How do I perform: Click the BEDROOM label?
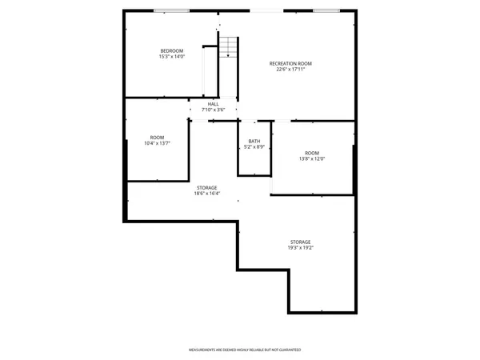tap(172, 51)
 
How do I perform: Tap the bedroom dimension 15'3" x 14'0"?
tap(172, 58)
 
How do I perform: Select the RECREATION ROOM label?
tap(290, 63)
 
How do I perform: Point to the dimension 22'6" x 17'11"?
tap(290, 70)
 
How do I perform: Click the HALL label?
tap(213, 104)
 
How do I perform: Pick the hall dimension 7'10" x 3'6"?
tap(213, 110)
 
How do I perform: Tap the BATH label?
tap(254, 141)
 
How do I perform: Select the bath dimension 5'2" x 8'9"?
tap(254, 147)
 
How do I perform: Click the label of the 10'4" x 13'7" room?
tap(157, 137)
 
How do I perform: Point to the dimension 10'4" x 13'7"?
tap(157, 143)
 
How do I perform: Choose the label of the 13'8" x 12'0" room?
tap(311, 153)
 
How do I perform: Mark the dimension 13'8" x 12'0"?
tap(311, 159)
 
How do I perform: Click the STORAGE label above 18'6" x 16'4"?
tap(206, 187)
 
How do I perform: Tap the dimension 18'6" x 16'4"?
tap(206, 194)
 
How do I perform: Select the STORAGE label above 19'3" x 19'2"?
tap(300, 242)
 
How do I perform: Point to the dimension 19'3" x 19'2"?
tap(300, 248)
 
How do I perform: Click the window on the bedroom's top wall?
tap(166, 10)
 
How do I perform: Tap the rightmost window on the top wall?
tap(325, 10)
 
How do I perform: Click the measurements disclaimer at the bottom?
tap(244, 350)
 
